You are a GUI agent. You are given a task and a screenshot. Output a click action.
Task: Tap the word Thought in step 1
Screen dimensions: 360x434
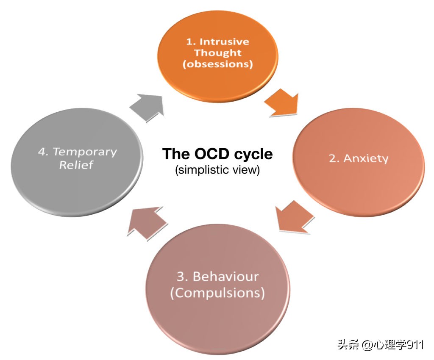218,53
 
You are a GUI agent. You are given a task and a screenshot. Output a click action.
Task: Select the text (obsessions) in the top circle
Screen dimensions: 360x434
218,65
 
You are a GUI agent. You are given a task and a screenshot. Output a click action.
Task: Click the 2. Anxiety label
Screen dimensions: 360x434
359,158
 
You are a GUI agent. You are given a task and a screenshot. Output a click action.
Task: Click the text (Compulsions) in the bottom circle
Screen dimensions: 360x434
217,293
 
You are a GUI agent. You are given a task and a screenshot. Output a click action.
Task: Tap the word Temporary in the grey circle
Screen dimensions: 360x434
85,152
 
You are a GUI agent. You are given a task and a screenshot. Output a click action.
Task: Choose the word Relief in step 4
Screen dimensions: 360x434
76,165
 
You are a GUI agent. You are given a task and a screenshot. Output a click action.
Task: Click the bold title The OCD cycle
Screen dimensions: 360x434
217,154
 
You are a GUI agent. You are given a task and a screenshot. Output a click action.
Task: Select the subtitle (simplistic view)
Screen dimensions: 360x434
217,170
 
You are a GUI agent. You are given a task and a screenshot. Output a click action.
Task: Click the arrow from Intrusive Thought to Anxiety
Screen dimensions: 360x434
282,102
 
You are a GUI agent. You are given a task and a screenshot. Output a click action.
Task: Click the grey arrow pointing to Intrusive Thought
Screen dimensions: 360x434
147,108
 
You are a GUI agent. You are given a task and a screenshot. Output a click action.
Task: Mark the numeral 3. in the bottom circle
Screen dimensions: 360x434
182,277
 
